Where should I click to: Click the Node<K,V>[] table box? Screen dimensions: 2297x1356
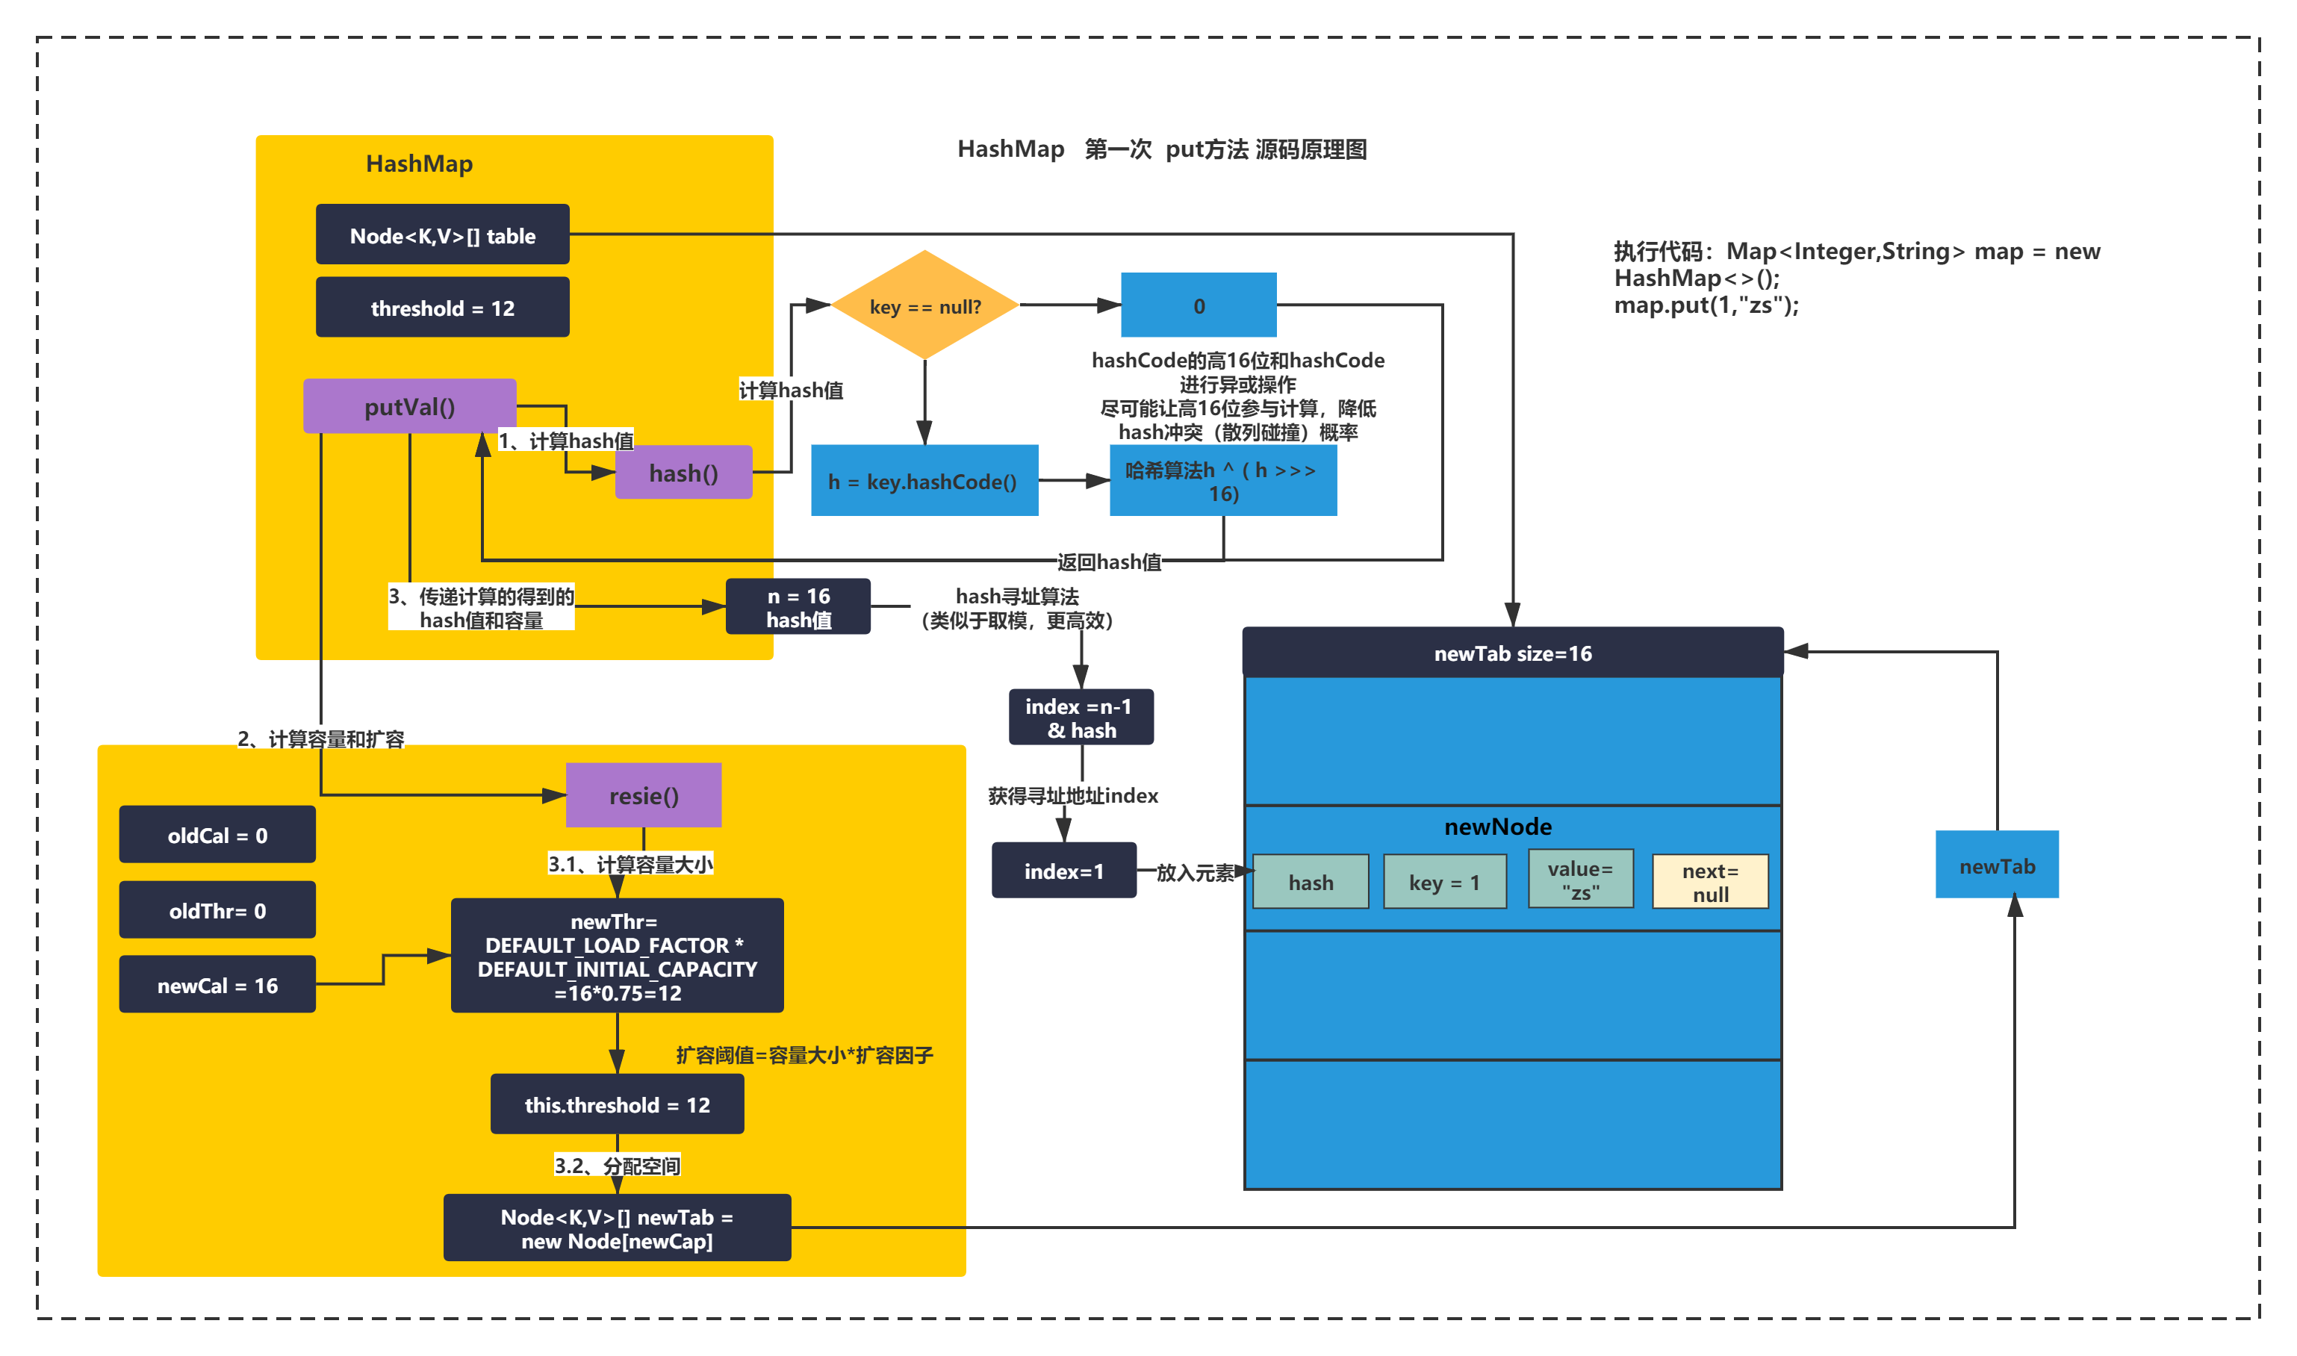click(x=442, y=234)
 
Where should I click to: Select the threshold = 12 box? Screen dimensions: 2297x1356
click(x=442, y=308)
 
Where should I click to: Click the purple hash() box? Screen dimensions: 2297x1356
click(x=683, y=473)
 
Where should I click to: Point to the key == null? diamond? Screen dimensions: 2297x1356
click(x=924, y=305)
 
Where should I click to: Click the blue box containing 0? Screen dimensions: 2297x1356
click(x=1199, y=305)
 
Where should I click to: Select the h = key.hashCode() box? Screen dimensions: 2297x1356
click(x=924, y=481)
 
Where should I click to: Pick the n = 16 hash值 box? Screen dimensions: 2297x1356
click(x=798, y=607)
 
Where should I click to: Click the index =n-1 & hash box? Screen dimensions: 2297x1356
click(x=1081, y=718)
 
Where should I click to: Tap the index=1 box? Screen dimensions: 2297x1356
click(x=1063, y=871)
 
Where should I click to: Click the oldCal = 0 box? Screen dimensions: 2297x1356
click(x=217, y=834)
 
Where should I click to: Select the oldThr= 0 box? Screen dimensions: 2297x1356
click(x=217, y=910)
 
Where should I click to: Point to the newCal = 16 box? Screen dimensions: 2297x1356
click(x=217, y=985)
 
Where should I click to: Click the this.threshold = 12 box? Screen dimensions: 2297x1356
click(x=617, y=1104)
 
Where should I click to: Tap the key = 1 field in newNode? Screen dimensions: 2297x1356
click(x=1444, y=882)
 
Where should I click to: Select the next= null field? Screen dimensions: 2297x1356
click(x=1710, y=882)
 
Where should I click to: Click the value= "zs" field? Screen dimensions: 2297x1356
click(x=1581, y=880)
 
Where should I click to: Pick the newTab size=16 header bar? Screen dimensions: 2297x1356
click(x=1513, y=653)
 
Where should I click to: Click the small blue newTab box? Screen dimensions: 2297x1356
click(x=1998, y=865)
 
